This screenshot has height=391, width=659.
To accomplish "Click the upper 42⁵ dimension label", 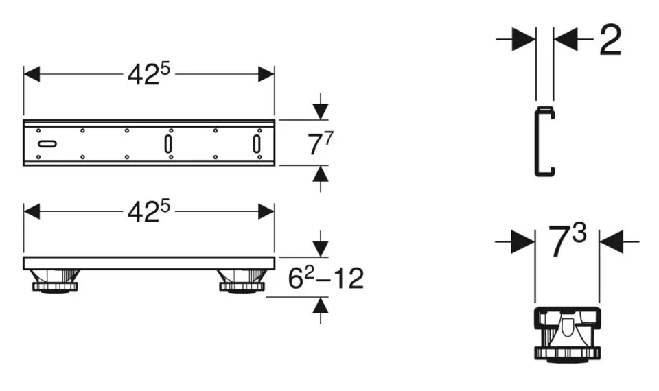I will [x=148, y=74].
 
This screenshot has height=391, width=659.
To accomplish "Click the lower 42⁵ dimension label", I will [x=148, y=212].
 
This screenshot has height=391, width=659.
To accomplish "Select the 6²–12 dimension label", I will [x=323, y=279].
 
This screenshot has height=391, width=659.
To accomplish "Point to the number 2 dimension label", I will [x=610, y=41].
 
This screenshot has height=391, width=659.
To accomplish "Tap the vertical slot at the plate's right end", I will [x=257, y=144].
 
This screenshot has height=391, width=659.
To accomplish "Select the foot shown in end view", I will [x=566, y=333].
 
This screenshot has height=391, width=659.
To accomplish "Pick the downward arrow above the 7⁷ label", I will [x=320, y=110].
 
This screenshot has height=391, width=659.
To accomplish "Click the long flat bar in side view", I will [x=148, y=263].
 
